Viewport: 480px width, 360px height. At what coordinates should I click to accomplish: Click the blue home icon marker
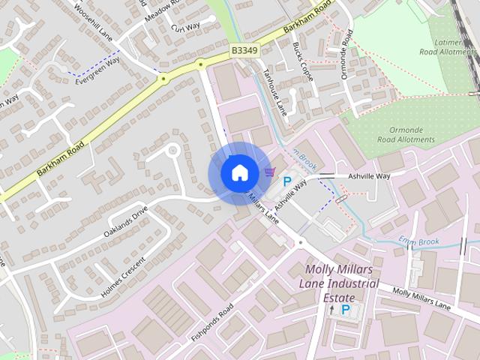tap(239, 172)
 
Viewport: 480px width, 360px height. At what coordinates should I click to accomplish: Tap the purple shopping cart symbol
tap(269, 172)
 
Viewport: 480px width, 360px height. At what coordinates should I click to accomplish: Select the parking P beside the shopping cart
tap(286, 181)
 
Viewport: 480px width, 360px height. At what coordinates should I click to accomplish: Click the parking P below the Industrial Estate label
tap(346, 309)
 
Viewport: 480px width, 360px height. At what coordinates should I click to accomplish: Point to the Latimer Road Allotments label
tap(448, 46)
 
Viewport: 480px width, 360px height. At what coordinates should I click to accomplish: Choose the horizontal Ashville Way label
tap(370, 176)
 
